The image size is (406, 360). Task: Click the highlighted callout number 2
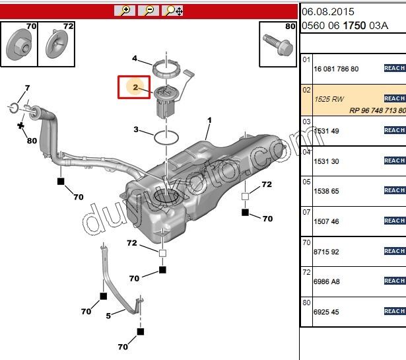[135, 87]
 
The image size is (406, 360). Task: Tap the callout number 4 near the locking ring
[135, 58]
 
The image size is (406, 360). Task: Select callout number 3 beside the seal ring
[136, 129]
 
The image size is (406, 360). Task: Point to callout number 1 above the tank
[209, 120]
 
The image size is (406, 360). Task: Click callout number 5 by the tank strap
[109, 316]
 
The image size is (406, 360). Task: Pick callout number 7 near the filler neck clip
[27, 88]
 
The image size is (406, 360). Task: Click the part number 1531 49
[326, 131]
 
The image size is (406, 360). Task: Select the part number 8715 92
[326, 252]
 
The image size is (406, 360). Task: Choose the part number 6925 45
[326, 312]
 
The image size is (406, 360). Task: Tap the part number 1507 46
[326, 222]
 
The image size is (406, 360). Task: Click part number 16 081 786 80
[336, 69]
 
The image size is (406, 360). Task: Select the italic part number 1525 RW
[329, 99]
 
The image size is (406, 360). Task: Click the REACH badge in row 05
[394, 190]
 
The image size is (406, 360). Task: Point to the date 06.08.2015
[328, 11]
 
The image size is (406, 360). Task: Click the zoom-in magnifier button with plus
[124, 10]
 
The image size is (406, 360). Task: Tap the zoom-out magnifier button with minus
[149, 10]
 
